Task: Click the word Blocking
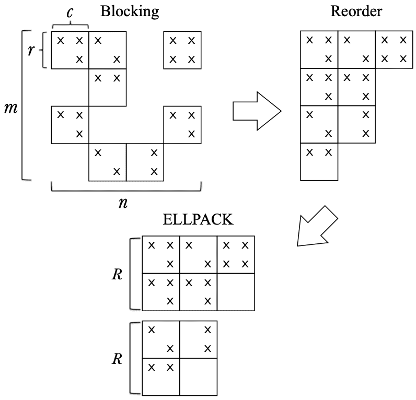pyautogui.click(x=130, y=11)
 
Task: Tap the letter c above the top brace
pyautogui.click(x=70, y=11)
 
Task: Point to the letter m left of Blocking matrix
pyautogui.click(x=10, y=109)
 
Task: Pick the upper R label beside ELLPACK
pyautogui.click(x=117, y=274)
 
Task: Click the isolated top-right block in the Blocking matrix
pyautogui.click(x=182, y=50)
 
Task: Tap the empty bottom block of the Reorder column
pyautogui.click(x=319, y=162)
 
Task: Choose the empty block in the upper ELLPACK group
pyautogui.click(x=236, y=292)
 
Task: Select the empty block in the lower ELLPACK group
pyautogui.click(x=198, y=375)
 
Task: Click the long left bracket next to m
pyautogui.click(x=23, y=104)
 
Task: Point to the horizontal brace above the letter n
pyautogui.click(x=126, y=188)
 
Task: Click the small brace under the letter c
pyautogui.click(x=70, y=25)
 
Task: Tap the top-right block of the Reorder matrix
pyautogui.click(x=394, y=50)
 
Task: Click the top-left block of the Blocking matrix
pyautogui.click(x=70, y=50)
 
